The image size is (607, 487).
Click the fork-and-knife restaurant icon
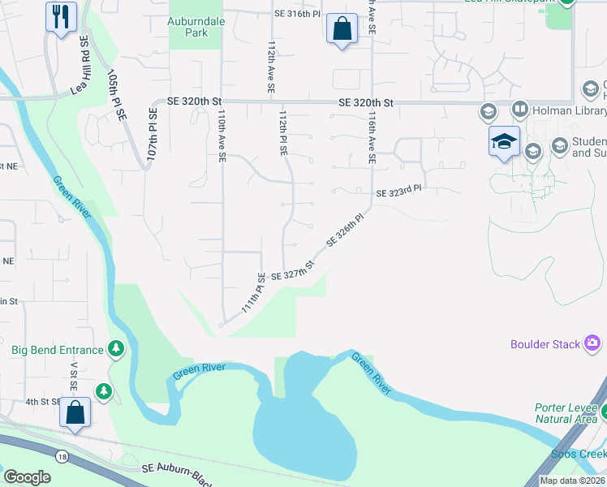[x=61, y=17]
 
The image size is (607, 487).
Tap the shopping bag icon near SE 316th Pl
[x=342, y=28]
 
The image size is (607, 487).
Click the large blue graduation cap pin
[x=503, y=141]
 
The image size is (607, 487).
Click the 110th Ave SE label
[x=222, y=136]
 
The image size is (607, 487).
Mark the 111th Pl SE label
[x=253, y=294]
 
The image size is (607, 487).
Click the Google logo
[x=27, y=477]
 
